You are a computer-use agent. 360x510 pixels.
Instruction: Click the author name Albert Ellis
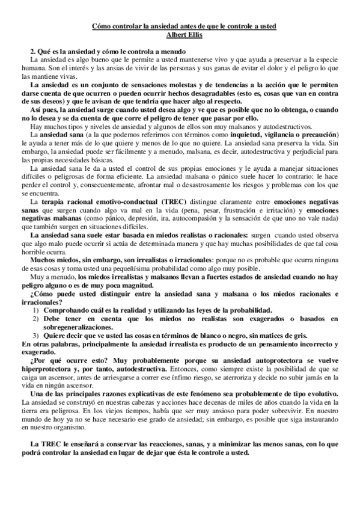[180, 35]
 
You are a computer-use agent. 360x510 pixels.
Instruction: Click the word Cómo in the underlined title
[101, 27]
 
